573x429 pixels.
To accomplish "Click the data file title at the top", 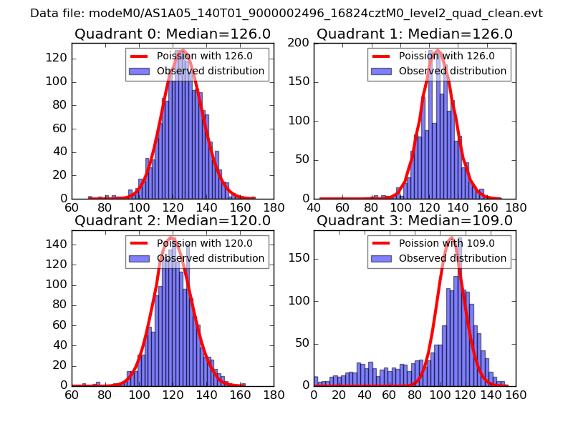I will point(286,13).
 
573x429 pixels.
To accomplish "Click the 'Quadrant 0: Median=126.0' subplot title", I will point(173,34).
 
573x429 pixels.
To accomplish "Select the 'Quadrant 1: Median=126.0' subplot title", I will point(415,34).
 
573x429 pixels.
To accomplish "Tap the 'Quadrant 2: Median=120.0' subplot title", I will point(173,220).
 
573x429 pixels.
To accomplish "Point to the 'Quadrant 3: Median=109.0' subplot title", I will point(415,220).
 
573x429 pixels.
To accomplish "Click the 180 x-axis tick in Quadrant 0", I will point(273,207).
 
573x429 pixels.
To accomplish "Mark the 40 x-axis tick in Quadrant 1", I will point(314,207).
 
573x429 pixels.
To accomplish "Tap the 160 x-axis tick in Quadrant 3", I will point(516,394).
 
